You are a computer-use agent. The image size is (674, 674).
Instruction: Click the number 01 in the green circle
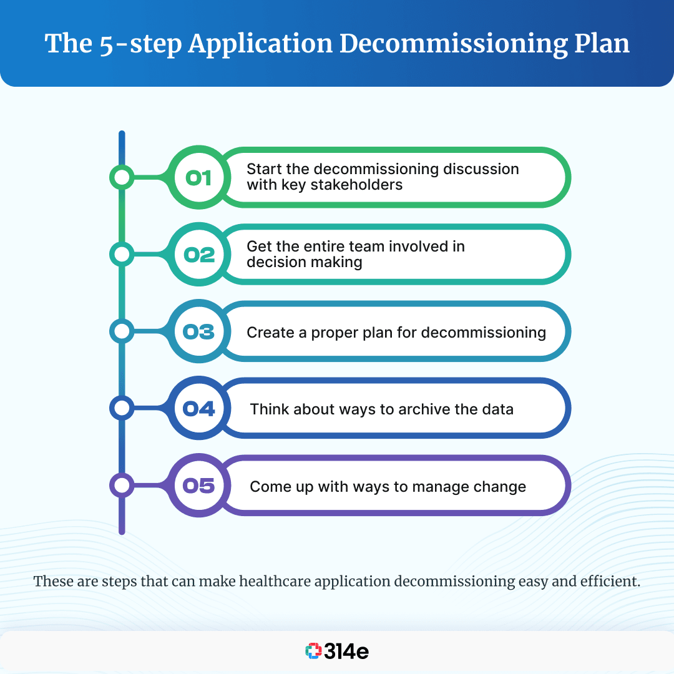click(x=199, y=178)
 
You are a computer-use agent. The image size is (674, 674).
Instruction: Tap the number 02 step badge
click(x=199, y=255)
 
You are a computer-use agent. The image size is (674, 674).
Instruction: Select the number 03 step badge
click(x=199, y=331)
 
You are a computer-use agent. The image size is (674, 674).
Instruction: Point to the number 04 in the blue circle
click(x=199, y=408)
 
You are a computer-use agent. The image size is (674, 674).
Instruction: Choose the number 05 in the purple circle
click(x=199, y=485)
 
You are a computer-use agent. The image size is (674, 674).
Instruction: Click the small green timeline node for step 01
click(x=122, y=178)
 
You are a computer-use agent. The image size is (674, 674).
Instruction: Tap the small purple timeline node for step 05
click(x=122, y=485)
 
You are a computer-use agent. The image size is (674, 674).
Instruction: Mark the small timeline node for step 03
click(x=122, y=331)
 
